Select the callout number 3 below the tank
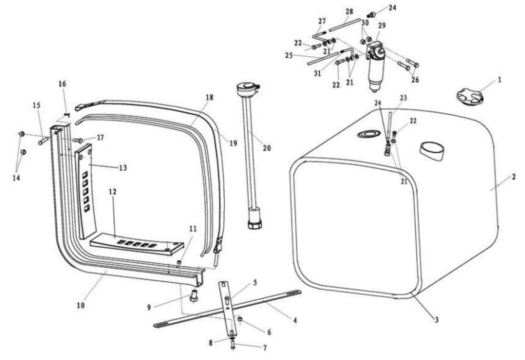(437, 320)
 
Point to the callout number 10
(81, 306)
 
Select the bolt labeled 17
(78, 140)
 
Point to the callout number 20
(267, 148)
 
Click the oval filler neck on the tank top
(432, 151)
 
